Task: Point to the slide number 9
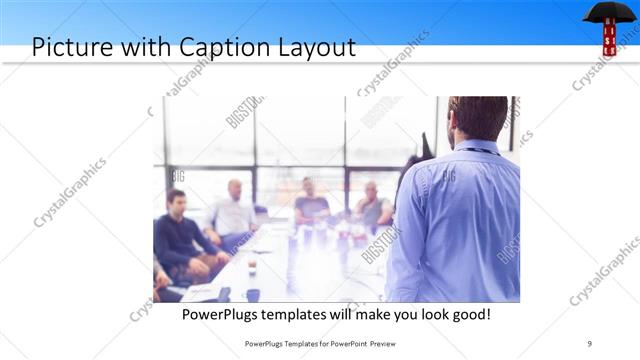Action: [590, 344]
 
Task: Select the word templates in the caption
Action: [308, 314]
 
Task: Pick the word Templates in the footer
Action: [285, 344]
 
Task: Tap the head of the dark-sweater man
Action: [176, 199]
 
